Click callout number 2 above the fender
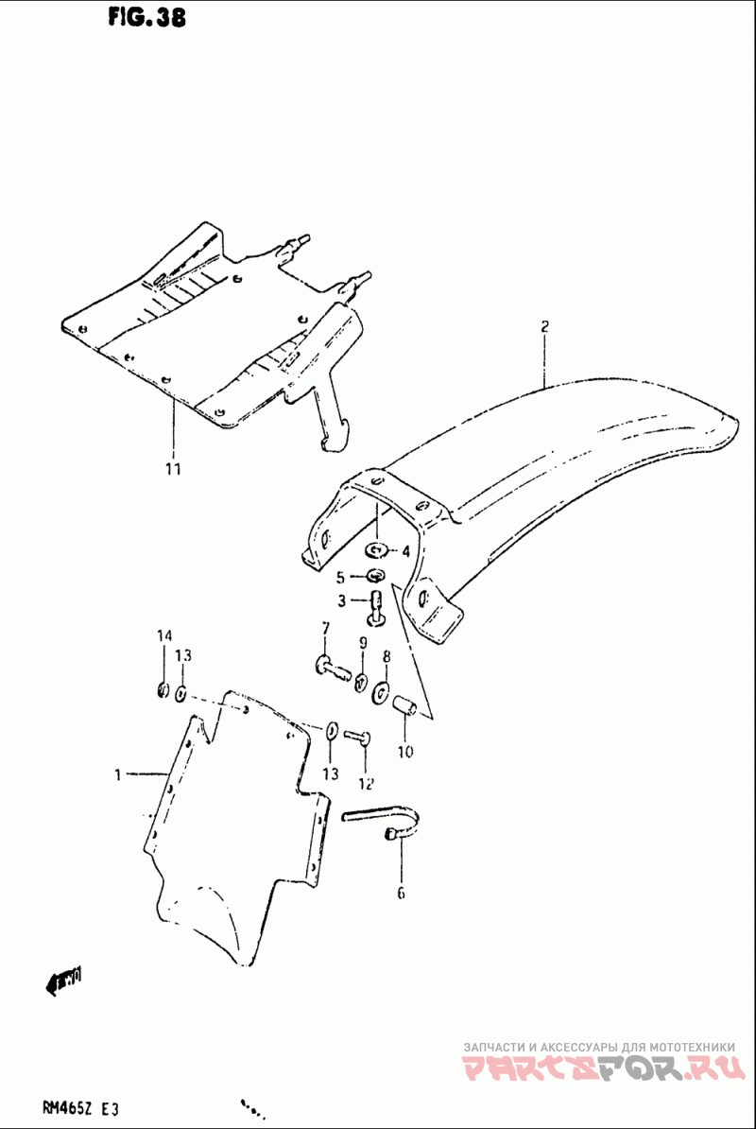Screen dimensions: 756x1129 tap(545, 327)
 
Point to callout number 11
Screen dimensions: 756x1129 tap(173, 468)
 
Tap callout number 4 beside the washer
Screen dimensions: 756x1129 tap(404, 551)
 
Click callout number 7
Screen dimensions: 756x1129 tap(325, 628)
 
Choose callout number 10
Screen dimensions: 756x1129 tap(404, 753)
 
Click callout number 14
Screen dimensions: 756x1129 tap(163, 634)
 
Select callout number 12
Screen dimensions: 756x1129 tap(366, 783)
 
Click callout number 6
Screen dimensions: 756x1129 tap(400, 893)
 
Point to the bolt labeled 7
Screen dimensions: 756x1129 tap(330, 669)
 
